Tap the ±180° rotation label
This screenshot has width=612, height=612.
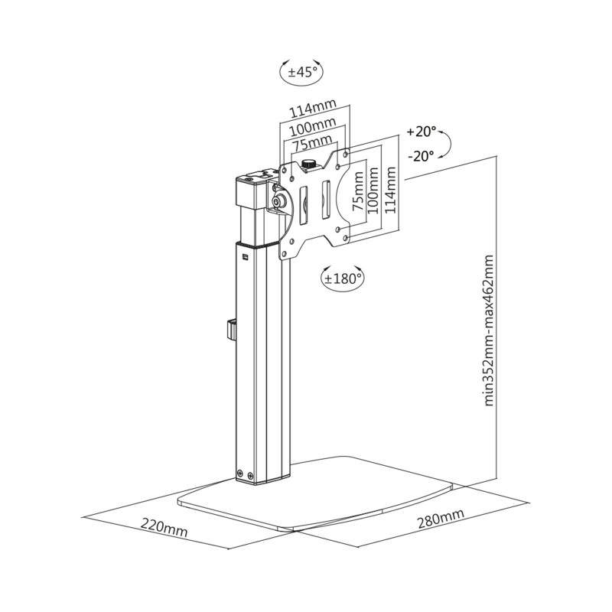tap(342, 278)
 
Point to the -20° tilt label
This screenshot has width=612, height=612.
tap(421, 155)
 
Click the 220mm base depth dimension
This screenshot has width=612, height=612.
tap(164, 527)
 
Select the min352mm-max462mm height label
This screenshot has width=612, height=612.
tap(490, 331)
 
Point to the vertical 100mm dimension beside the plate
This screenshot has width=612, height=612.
tap(375, 191)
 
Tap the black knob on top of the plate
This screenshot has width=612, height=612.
tap(311, 163)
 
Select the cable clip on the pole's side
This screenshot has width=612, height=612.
tap(230, 329)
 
